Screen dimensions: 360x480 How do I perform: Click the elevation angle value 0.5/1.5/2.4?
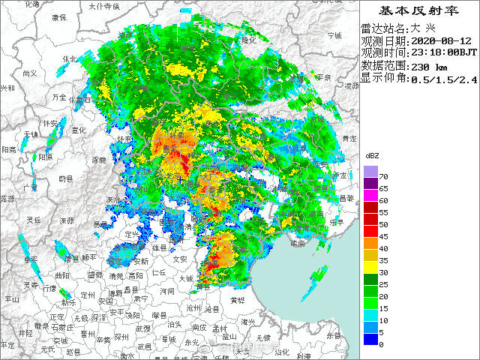443,78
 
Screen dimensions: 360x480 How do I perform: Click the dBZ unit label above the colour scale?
371,155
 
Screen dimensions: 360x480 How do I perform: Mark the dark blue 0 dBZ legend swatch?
370,340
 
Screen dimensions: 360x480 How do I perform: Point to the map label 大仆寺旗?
104,6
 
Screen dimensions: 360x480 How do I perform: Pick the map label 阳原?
46,157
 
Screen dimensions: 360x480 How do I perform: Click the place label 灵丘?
33,220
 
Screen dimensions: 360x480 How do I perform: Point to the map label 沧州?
193,308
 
